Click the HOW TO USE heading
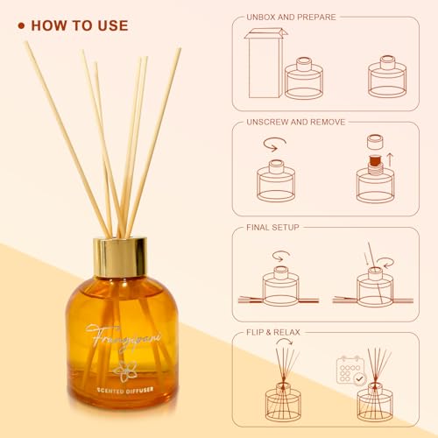pos(80,25)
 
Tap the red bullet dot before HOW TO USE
pos(21,25)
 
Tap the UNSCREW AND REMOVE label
pos(297,122)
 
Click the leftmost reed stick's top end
pos(26,43)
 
